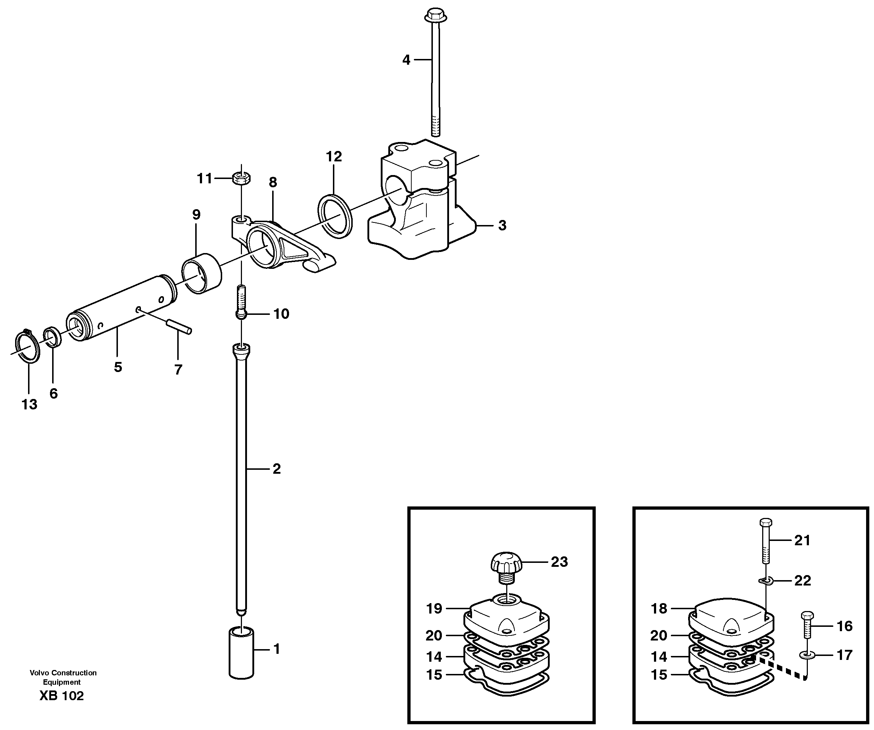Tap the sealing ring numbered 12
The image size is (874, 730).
pyautogui.click(x=335, y=216)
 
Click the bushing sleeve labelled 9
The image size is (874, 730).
pyautogui.click(x=201, y=274)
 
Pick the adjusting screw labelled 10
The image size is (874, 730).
pyautogui.click(x=241, y=302)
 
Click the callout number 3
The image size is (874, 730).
pyautogui.click(x=502, y=226)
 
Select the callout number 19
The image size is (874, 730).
pyautogui.click(x=434, y=609)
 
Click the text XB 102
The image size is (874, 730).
pyautogui.click(x=61, y=696)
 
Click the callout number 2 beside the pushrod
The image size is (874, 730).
pyautogui.click(x=276, y=469)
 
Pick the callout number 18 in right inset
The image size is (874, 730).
pyautogui.click(x=659, y=609)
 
